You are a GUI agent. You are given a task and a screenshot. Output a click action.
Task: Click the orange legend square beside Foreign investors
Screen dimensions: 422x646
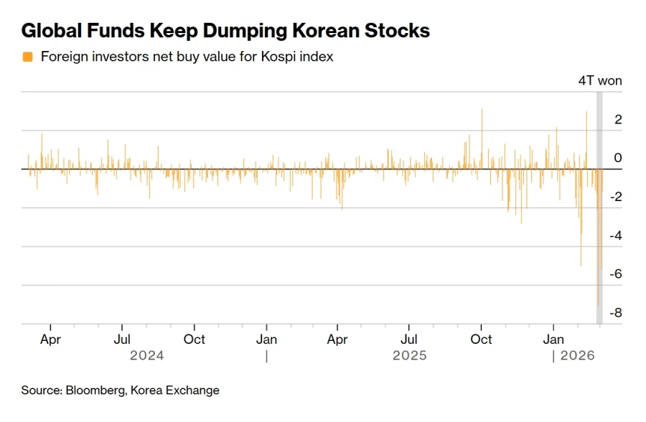point(28,57)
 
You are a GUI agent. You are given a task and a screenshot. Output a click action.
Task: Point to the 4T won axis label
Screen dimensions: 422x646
point(600,80)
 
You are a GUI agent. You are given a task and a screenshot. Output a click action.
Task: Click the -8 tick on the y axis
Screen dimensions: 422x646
point(615,313)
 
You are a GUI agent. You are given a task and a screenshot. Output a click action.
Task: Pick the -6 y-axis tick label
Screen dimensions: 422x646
point(615,274)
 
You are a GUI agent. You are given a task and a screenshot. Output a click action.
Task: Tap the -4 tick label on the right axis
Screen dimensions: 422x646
point(615,235)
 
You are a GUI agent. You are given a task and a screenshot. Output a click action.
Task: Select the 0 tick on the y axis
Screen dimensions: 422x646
point(618,158)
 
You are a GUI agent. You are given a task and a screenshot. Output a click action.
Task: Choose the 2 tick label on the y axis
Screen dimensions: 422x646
point(618,119)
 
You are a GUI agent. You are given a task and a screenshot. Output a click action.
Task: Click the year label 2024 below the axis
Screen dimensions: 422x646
point(146,355)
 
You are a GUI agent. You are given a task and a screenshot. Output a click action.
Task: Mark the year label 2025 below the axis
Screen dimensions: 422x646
point(409,355)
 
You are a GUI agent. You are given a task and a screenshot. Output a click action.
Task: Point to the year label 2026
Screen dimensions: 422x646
point(578,355)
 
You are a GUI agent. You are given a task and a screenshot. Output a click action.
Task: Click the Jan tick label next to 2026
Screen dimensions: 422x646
point(553,339)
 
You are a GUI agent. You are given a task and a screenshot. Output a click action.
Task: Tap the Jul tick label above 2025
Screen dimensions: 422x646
point(409,339)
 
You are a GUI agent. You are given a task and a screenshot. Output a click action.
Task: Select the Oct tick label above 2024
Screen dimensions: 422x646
point(194,339)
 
